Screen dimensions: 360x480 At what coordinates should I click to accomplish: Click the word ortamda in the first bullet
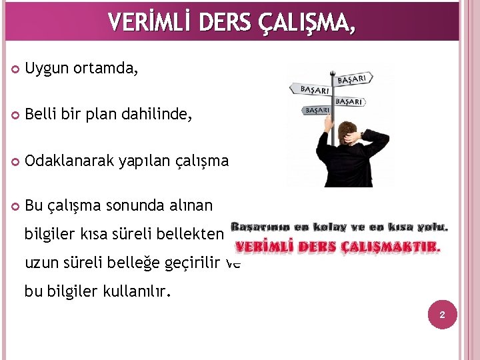coord(106,69)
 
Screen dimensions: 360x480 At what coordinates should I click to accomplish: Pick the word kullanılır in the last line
coord(134,292)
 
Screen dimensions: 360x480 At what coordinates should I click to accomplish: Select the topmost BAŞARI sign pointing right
coord(351,79)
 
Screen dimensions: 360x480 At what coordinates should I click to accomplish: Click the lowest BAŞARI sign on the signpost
coord(317,109)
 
